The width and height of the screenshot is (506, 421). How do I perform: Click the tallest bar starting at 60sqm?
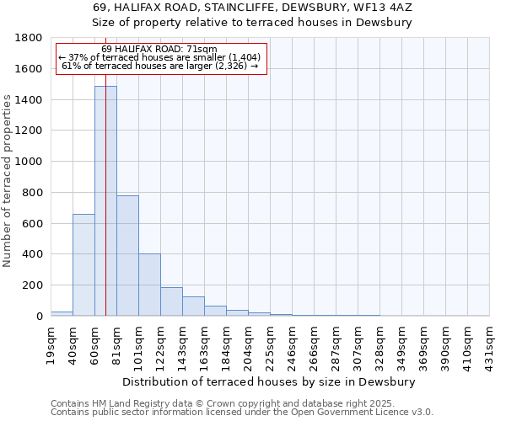pos(105,202)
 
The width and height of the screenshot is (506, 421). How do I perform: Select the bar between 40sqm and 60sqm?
pos(83,265)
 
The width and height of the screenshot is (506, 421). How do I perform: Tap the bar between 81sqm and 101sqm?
pos(127,256)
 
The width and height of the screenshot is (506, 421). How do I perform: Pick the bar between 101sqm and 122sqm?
pos(149,285)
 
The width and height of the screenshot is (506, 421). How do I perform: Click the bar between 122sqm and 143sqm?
pos(171,301)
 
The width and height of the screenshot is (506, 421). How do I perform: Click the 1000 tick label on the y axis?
pos(30,162)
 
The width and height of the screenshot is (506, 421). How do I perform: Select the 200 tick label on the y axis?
pos(33,285)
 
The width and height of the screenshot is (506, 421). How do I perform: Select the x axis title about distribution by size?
pos(275,381)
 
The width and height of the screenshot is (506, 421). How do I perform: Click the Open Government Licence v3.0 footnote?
pos(242,413)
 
